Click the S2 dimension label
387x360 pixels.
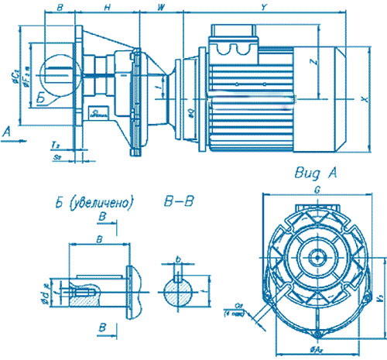57,156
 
